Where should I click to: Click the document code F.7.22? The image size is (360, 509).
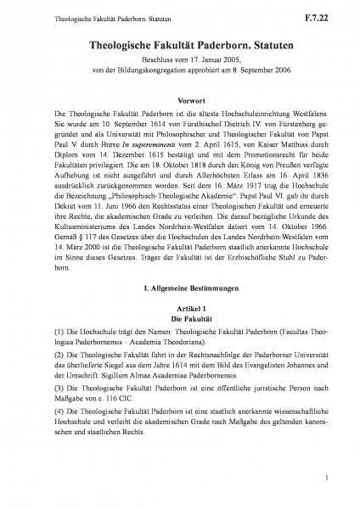tap(327, 15)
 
